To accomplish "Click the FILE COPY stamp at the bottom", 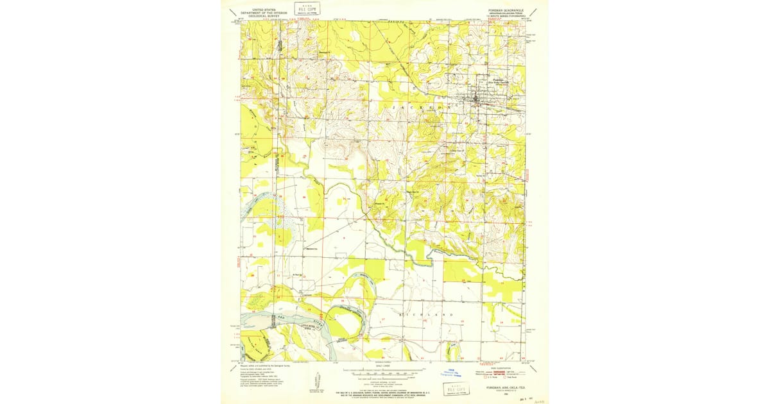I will (x=457, y=389).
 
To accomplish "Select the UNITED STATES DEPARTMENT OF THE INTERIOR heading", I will (x=261, y=12).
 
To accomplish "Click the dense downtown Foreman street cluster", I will (x=476, y=99).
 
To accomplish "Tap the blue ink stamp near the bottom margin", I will (x=453, y=373).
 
